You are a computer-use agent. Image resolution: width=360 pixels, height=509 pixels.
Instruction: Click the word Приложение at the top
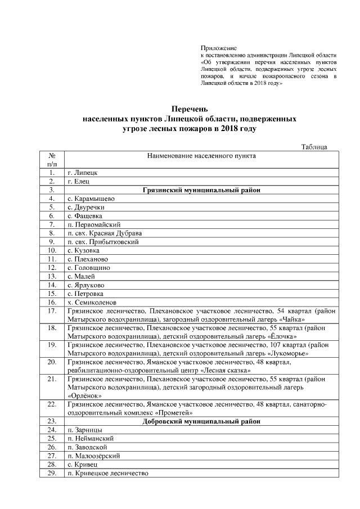tap(219, 48)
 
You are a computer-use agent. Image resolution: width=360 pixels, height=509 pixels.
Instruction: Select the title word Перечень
tap(190, 109)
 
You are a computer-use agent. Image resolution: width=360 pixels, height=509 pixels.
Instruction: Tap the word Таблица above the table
tap(314, 147)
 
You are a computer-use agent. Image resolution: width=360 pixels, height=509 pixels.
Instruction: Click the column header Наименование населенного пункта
tap(201, 155)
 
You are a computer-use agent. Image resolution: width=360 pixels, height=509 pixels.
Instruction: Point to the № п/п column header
tap(52, 159)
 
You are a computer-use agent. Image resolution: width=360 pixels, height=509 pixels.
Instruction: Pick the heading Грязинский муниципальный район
tap(201, 190)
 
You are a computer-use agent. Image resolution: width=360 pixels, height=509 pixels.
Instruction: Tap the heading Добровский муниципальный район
tap(201, 421)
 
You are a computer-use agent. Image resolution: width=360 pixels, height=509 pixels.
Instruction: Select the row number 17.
tap(52, 310)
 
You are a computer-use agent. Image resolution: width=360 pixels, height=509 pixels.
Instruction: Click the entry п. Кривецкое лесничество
tap(107, 474)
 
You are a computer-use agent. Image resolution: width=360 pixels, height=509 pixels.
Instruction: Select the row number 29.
tap(52, 474)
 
